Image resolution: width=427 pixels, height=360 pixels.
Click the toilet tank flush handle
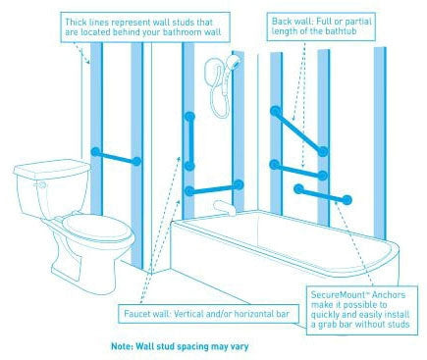tap(42, 185)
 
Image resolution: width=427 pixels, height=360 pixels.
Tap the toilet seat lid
tap(96, 228)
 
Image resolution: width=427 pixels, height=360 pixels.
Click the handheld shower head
tap(234, 61)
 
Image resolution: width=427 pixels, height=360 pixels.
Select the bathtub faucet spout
tap(224, 207)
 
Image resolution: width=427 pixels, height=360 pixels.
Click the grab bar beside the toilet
tap(116, 157)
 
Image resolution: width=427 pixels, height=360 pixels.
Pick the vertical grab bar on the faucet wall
tap(189, 141)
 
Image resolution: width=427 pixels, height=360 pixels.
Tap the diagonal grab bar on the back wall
tap(299, 131)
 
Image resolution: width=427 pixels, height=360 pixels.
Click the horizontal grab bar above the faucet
tap(214, 188)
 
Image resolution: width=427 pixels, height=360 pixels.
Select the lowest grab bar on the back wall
tap(323, 194)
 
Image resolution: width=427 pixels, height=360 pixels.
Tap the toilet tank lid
tap(52, 168)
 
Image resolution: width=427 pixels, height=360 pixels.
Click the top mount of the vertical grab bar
tap(189, 117)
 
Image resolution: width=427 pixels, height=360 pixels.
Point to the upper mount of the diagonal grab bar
tap(276, 111)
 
